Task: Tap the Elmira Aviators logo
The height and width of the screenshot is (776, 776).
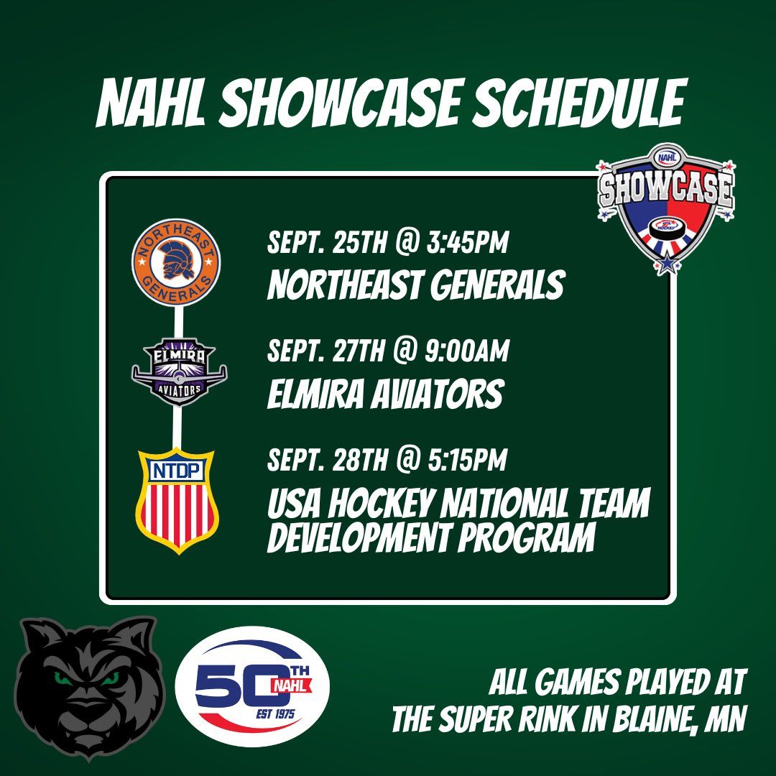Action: coord(179,371)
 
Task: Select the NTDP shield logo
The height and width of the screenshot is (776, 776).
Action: coord(177,499)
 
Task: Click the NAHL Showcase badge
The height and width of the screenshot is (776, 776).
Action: coord(666,209)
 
